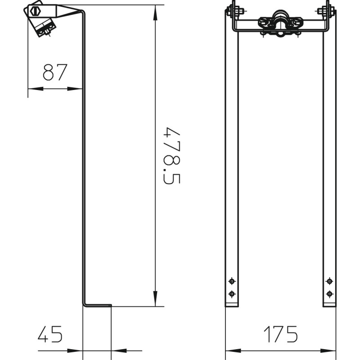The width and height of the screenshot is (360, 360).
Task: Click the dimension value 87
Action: click(55, 72)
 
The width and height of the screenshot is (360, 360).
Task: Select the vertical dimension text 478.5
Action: click(172, 156)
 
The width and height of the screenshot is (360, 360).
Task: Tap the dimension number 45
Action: click(50, 334)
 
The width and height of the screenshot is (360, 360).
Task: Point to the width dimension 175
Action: click(280, 334)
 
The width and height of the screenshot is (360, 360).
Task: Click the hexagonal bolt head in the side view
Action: click(35, 11)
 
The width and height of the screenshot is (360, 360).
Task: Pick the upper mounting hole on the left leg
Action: click(232, 281)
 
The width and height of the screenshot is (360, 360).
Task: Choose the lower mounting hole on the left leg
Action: click(232, 294)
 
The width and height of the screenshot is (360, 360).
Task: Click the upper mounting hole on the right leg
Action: click(329, 281)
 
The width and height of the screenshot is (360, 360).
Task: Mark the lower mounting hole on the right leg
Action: click(329, 294)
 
